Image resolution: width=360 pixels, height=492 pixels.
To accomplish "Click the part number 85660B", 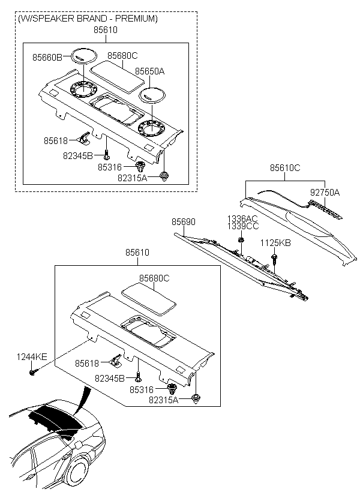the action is click(x=47, y=58).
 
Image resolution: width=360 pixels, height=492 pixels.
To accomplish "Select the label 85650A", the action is click(x=150, y=71).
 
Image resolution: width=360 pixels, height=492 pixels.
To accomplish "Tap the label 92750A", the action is click(x=325, y=193).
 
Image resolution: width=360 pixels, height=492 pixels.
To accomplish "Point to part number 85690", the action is click(x=183, y=222).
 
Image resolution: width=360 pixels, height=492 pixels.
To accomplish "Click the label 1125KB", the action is click(x=275, y=243).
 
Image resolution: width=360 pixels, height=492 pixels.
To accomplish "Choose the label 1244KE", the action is click(x=32, y=357).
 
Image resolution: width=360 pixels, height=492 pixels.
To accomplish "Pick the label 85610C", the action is click(x=285, y=168).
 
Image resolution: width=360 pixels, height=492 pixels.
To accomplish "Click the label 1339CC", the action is click(x=243, y=226).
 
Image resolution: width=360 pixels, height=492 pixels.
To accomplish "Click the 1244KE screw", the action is click(x=33, y=373).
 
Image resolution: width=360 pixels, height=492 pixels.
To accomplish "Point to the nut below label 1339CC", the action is click(x=241, y=240).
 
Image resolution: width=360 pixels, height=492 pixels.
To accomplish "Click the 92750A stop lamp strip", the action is click(x=326, y=208).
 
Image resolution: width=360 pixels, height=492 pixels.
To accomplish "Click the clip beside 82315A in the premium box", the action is click(x=164, y=176).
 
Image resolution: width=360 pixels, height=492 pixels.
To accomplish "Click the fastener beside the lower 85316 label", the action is click(x=172, y=389).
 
